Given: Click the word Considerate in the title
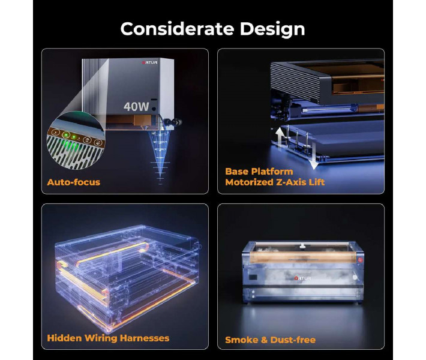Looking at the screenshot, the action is coord(177,29).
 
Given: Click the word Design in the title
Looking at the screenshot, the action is coord(272,30).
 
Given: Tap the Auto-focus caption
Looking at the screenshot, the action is coord(74,182).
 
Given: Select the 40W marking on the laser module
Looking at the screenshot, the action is coord(136,107).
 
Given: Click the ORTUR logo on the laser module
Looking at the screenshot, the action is coord(149,62).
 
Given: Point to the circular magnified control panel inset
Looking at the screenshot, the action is coord(76,140).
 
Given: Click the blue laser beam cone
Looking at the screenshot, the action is coord(160,155).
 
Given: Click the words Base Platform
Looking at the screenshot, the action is coord(259,172).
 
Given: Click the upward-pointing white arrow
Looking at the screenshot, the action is coord(279,138).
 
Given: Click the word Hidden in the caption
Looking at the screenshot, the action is coord(64,338).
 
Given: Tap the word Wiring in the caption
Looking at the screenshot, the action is coord(101,338).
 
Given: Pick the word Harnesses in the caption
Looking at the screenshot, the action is coord(145,338).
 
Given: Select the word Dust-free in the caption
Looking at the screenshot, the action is coord(293,340).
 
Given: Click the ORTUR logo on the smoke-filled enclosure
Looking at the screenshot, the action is coord(302,278).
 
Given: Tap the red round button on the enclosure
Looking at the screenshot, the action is coord(360,260).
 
